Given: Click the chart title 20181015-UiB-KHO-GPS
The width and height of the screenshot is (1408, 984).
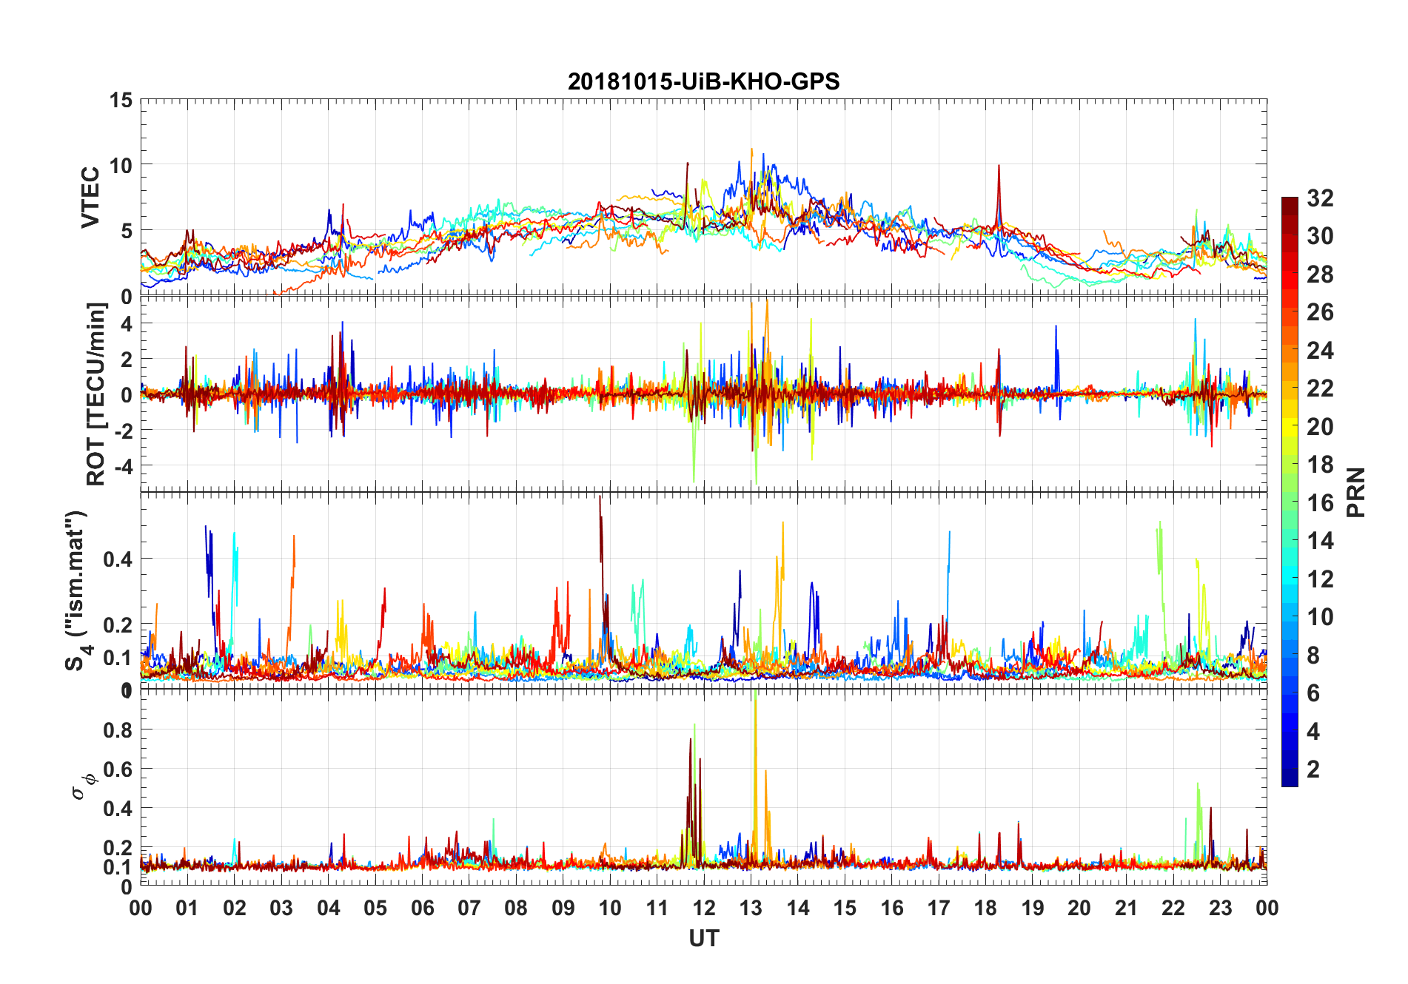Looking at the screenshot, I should point(703,81).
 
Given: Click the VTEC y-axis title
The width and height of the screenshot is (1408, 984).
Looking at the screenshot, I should point(90,198).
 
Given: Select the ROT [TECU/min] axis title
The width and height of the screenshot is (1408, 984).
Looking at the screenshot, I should point(96,394).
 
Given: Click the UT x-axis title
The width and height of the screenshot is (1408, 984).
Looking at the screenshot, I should point(703,939).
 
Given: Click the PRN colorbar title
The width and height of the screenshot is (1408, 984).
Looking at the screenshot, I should point(1356,492).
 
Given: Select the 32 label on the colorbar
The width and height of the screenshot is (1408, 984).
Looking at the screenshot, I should point(1320,198).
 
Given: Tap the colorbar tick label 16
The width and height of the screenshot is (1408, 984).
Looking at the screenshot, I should point(1320,503).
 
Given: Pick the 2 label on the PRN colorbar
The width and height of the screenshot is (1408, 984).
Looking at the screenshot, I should point(1313,769).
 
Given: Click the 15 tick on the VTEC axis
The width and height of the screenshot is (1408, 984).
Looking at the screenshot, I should point(121,100).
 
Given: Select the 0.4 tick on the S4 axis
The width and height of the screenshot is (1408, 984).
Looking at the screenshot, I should point(118,559).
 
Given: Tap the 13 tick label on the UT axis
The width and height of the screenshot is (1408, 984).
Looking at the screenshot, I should point(751,908).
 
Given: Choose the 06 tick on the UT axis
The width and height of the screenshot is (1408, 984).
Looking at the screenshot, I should point(422,908).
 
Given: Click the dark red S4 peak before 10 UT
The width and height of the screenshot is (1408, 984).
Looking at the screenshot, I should point(600,500).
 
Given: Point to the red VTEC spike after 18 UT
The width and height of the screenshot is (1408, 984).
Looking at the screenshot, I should point(999,167).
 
